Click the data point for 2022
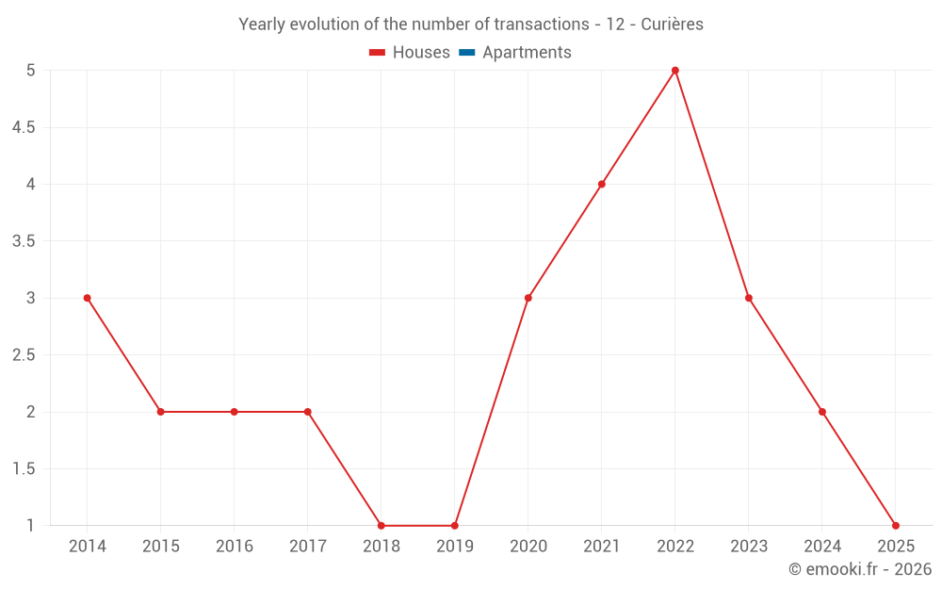pyautogui.click(x=675, y=71)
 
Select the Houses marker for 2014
pyautogui.click(x=88, y=298)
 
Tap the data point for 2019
pyautogui.click(x=455, y=526)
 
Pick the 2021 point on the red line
pyautogui.click(x=602, y=184)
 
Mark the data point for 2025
pyautogui.click(x=896, y=526)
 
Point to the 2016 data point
pyautogui.click(x=235, y=412)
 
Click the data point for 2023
pyautogui.click(x=749, y=298)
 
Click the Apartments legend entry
pyautogui.click(x=527, y=53)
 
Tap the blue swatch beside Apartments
pyautogui.click(x=466, y=53)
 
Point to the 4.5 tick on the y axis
pyautogui.click(x=24, y=127)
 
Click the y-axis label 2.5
pyautogui.click(x=24, y=355)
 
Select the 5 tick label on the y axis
pyautogui.click(x=31, y=71)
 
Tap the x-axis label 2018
pyautogui.click(x=382, y=547)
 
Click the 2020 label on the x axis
pyautogui.click(x=528, y=547)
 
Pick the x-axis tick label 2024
pyautogui.click(x=822, y=547)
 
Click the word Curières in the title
pyautogui.click(x=672, y=25)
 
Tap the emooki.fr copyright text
pyautogui.click(x=860, y=569)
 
